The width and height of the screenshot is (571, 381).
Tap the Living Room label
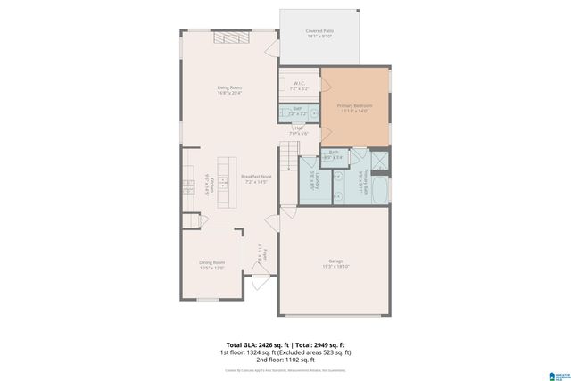(229, 89)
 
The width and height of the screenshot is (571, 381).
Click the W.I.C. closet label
(300, 85)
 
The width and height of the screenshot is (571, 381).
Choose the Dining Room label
(211, 264)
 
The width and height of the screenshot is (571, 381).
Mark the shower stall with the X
(380, 162)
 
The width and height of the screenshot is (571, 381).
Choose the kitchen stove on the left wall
(189, 187)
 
